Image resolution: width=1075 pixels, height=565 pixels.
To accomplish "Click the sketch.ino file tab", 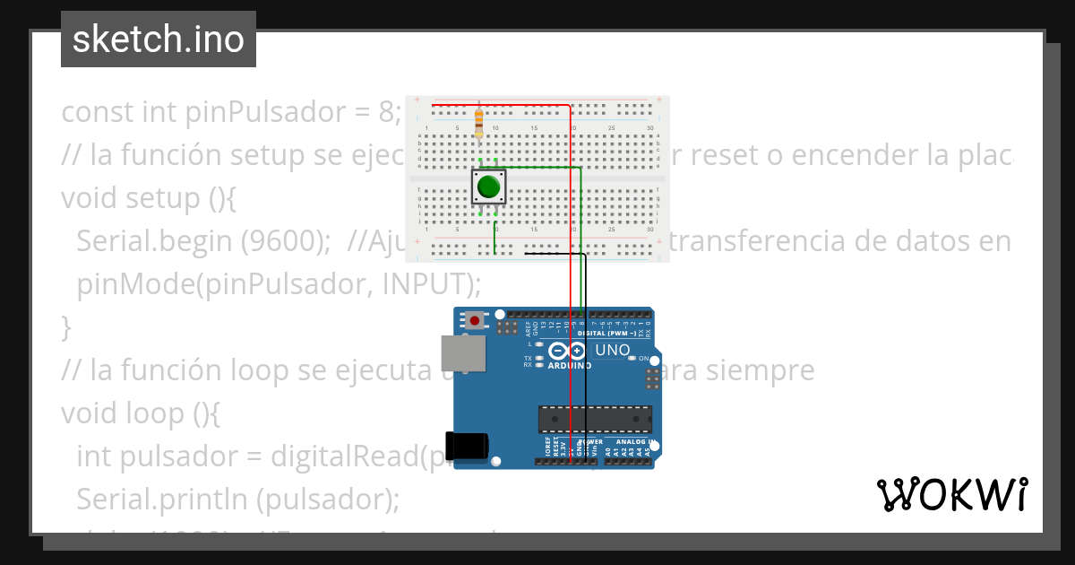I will pyautogui.click(x=159, y=39).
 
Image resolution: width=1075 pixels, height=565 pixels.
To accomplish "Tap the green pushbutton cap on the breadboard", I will pyautogui.click(x=488, y=187).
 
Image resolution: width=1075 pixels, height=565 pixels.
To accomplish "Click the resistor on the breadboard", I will pyautogui.click(x=478, y=121).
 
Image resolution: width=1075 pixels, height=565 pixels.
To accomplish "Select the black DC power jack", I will pyautogui.click(x=470, y=446).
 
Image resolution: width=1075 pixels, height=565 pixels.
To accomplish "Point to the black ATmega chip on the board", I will pyautogui.click(x=594, y=419).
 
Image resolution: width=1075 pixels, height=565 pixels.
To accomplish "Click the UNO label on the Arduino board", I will pyautogui.click(x=613, y=350).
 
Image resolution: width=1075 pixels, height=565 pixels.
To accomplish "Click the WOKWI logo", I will pyautogui.click(x=951, y=494).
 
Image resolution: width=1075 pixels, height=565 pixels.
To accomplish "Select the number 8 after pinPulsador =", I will pyautogui.click(x=386, y=112).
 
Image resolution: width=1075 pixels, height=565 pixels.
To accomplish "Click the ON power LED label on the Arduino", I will pyautogui.click(x=643, y=358).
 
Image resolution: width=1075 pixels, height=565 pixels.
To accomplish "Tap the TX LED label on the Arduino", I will pyautogui.click(x=528, y=358).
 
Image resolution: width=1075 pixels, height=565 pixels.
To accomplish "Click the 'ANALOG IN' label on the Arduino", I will pyautogui.click(x=629, y=442).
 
